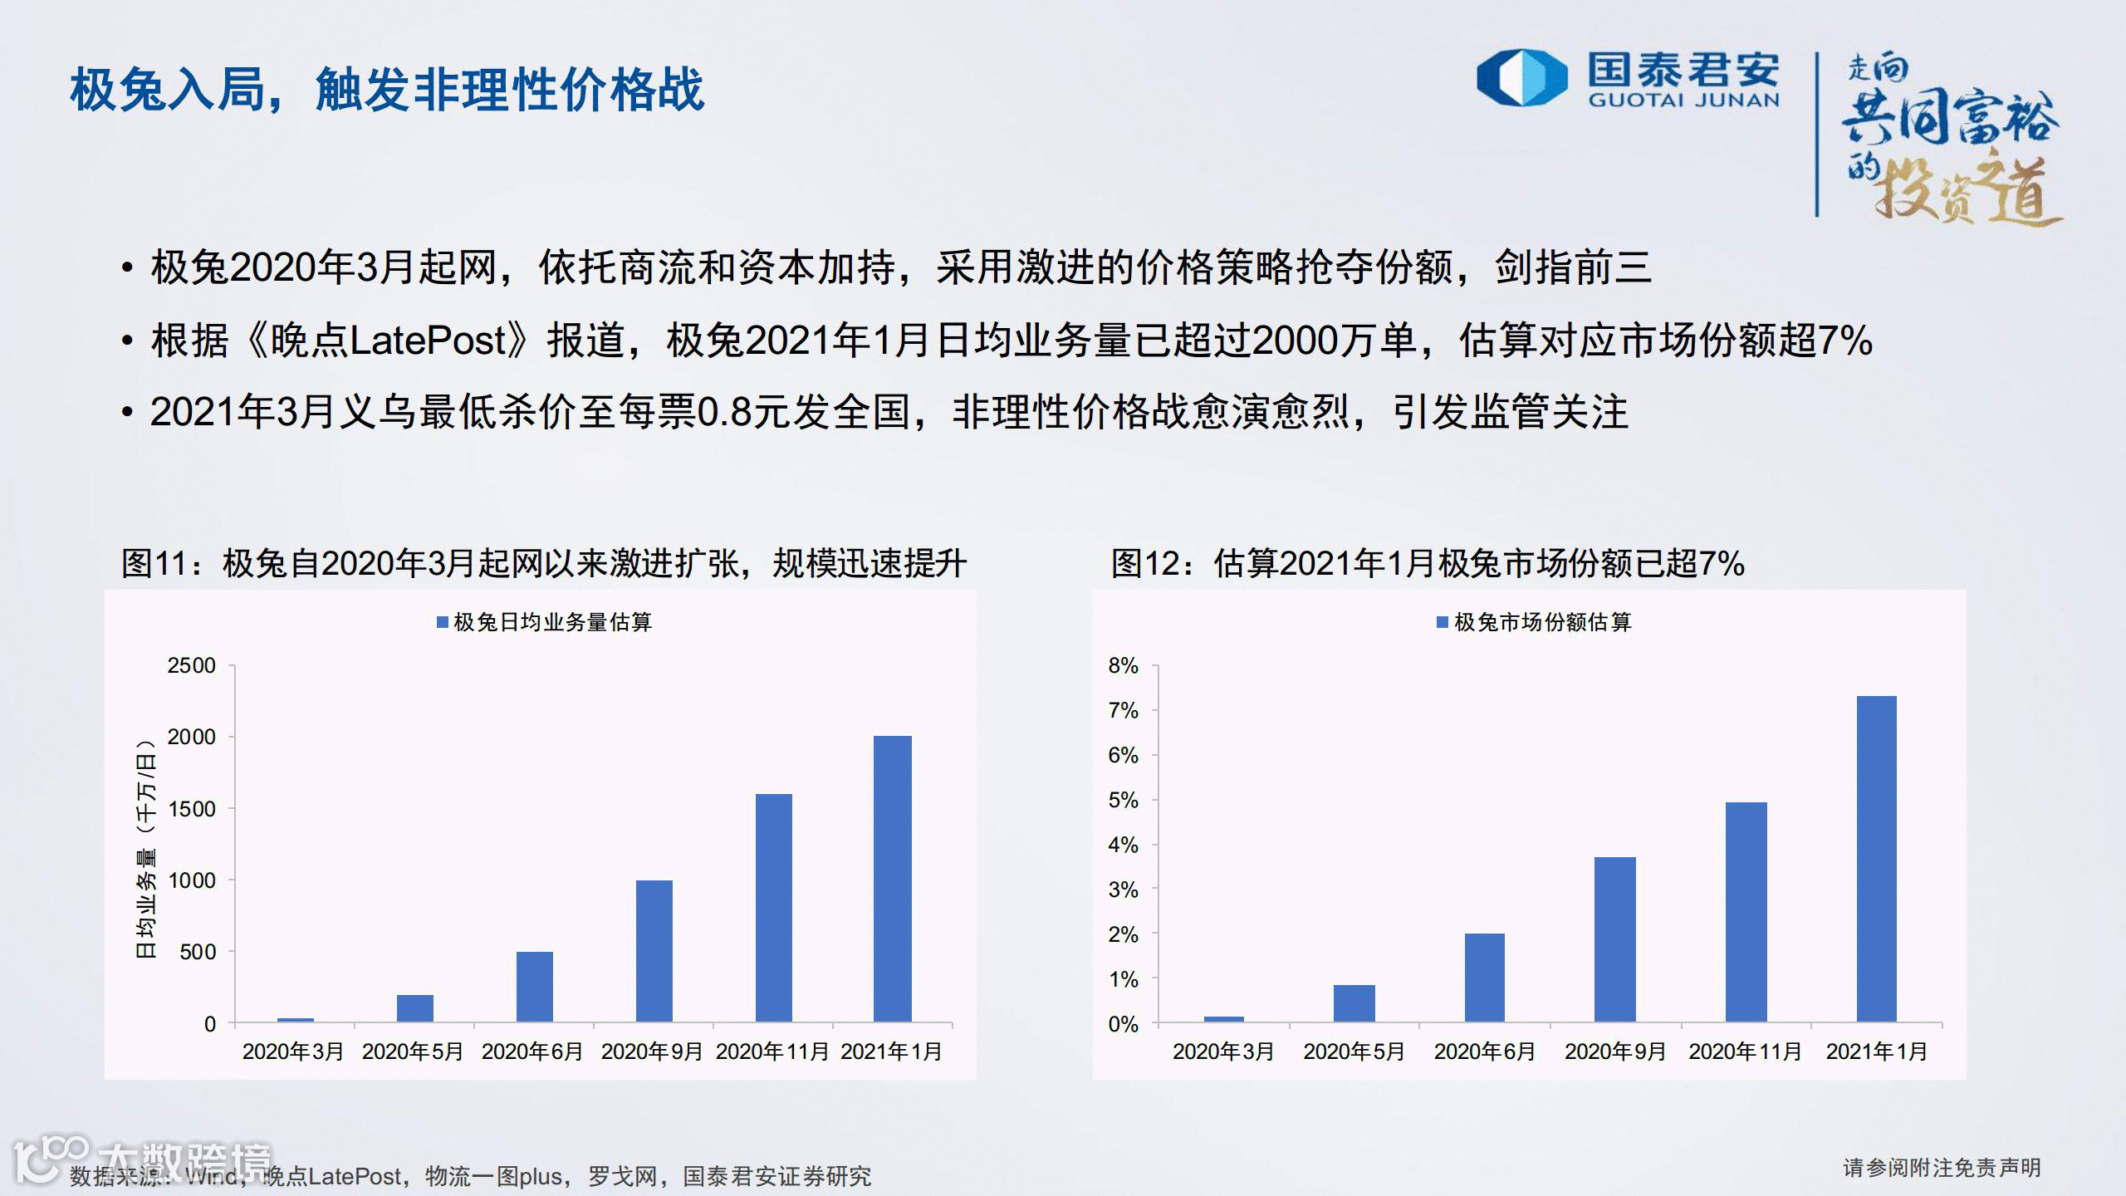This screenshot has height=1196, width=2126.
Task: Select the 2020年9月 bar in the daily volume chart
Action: coord(654,951)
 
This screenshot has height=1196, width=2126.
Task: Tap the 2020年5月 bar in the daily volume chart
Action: coord(415,1008)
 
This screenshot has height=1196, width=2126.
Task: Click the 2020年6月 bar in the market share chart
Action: coord(1485,978)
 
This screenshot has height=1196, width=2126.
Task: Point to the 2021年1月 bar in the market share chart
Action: coord(1877,859)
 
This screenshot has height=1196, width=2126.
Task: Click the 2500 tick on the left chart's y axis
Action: coord(192,666)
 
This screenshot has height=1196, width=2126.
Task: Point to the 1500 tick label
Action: coord(192,809)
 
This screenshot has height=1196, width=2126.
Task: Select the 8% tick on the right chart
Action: coord(1123,666)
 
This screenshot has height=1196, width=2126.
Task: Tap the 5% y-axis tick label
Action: coord(1123,801)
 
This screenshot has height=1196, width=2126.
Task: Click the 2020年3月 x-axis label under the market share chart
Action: coord(1223,1051)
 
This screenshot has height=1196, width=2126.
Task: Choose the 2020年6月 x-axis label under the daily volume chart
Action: coord(532,1051)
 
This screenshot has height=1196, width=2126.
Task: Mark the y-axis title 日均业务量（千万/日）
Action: coord(146,847)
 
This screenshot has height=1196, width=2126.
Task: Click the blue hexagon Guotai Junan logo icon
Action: coord(1521,77)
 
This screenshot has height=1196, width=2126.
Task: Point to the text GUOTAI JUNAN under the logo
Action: coord(1684,100)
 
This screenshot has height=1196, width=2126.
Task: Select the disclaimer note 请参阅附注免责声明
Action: coord(1942,1168)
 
